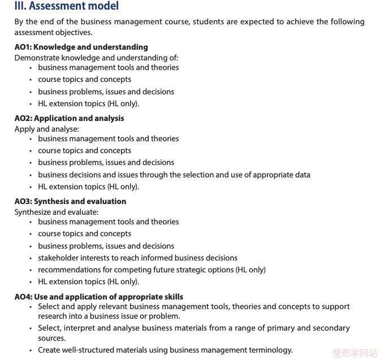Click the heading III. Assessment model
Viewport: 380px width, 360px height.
point(67,7)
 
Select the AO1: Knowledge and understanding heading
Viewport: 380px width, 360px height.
point(81,47)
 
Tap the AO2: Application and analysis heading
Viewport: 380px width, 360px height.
point(69,118)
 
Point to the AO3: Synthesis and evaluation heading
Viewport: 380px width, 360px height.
point(70,201)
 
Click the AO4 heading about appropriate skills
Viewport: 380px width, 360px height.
point(98,297)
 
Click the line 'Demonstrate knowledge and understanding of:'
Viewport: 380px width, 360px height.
point(96,58)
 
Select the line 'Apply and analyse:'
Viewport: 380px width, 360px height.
point(47,129)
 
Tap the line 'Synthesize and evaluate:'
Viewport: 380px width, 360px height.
point(57,212)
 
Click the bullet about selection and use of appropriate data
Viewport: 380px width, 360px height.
point(174,175)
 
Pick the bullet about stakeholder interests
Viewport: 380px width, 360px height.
point(137,258)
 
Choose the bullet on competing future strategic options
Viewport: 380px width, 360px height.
point(152,270)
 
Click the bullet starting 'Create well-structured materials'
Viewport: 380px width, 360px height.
point(165,350)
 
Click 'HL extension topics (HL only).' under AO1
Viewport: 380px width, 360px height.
point(88,103)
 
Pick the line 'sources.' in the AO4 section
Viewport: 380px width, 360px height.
point(52,338)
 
